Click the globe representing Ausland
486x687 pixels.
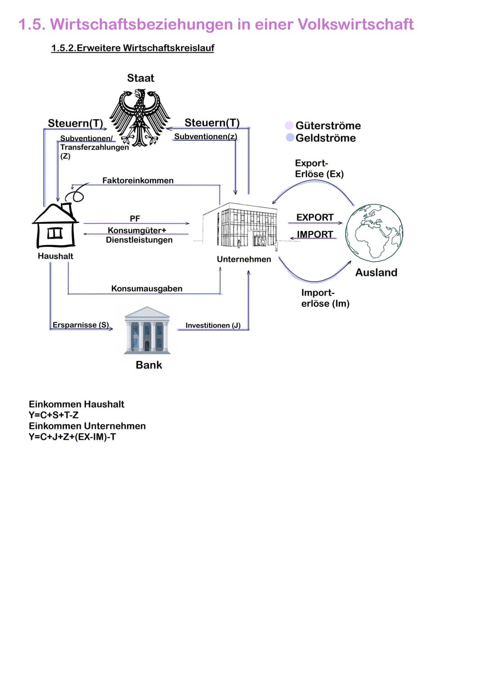click(374, 233)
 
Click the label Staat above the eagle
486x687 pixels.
click(140, 78)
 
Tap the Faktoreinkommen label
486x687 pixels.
click(138, 180)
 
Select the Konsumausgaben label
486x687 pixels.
click(147, 288)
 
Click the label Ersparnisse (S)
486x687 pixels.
click(81, 325)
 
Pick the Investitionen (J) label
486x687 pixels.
click(213, 325)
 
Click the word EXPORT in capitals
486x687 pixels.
click(315, 217)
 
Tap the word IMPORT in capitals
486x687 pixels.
click(315, 234)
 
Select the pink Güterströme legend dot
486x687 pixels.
click(289, 125)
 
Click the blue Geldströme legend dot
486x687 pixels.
click(290, 137)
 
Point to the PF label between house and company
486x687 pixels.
click(135, 218)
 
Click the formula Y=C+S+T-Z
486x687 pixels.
click(54, 415)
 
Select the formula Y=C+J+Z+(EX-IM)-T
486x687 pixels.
click(72, 436)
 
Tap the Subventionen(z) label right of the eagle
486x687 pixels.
click(206, 136)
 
